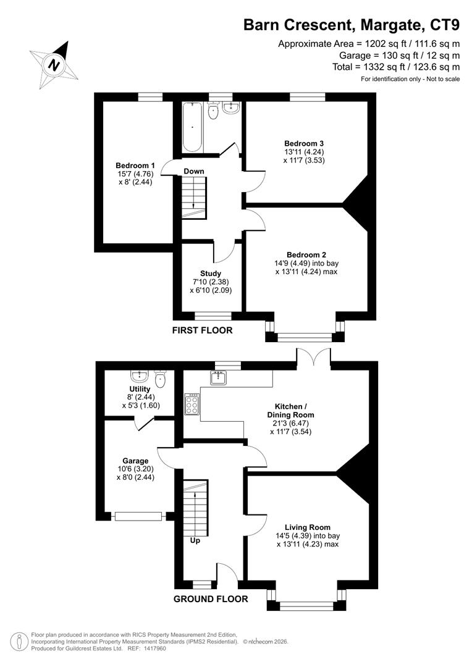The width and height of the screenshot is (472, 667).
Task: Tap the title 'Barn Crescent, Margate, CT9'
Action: click(x=351, y=25)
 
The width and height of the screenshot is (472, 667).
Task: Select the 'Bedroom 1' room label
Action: click(x=135, y=166)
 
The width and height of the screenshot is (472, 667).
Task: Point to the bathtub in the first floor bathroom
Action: click(x=193, y=128)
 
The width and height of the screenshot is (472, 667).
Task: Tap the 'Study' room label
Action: click(x=211, y=274)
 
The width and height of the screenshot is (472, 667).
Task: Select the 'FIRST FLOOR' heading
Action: click(x=202, y=330)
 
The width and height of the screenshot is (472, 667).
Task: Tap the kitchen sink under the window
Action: click(x=219, y=378)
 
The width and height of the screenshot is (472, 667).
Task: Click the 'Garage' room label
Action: click(x=135, y=461)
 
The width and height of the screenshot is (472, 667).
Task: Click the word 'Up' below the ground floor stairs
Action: click(x=195, y=540)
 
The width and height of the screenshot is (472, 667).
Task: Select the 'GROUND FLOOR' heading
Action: click(x=211, y=599)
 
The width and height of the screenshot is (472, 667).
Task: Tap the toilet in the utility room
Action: click(x=161, y=378)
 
